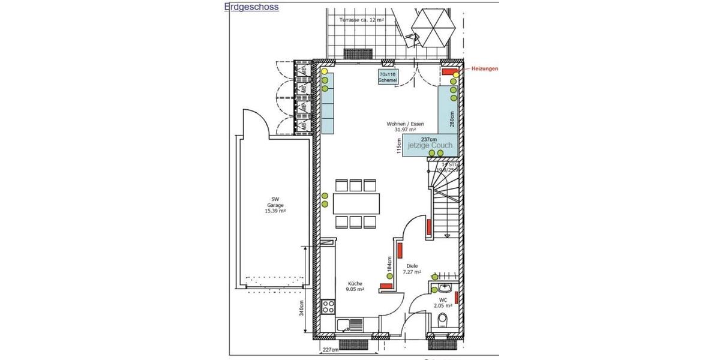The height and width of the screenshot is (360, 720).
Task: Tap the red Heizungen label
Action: click(484, 68)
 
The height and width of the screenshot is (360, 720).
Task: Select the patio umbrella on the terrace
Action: click(432, 28)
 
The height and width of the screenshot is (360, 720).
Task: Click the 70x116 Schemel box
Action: click(388, 77)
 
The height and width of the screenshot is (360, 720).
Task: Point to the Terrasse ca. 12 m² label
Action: click(362, 20)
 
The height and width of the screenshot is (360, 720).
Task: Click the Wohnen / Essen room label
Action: click(401, 126)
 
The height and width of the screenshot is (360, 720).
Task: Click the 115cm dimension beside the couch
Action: click(399, 146)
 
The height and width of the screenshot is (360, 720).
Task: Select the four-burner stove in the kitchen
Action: click(328, 307)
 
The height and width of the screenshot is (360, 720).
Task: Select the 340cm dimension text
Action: click(302, 308)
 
